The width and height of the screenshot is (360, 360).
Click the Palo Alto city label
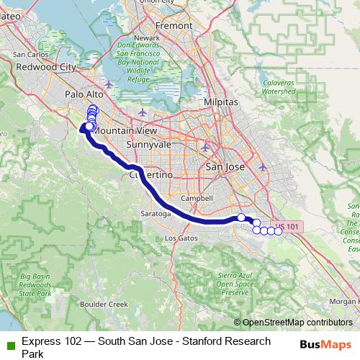(85, 94)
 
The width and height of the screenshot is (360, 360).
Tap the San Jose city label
(225, 167)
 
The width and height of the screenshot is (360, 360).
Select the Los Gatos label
(180, 238)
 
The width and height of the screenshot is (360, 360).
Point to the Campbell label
(197, 197)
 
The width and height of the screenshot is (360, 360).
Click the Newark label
(147, 37)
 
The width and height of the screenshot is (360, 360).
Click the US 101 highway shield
(289, 226)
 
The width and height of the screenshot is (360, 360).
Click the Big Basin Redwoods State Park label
(35, 286)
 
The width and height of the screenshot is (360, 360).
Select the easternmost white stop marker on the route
(279, 230)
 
